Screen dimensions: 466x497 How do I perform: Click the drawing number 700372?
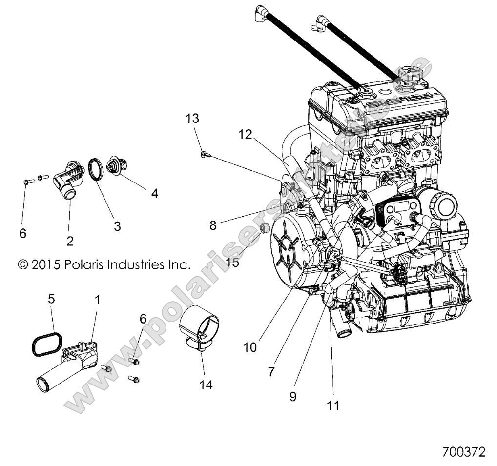(463, 452)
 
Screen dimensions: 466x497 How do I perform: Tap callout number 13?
(192, 119)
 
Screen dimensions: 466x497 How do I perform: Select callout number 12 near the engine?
(245, 134)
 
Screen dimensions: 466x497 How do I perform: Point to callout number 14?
(206, 385)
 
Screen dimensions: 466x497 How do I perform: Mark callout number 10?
(250, 347)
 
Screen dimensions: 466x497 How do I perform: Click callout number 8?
(212, 225)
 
